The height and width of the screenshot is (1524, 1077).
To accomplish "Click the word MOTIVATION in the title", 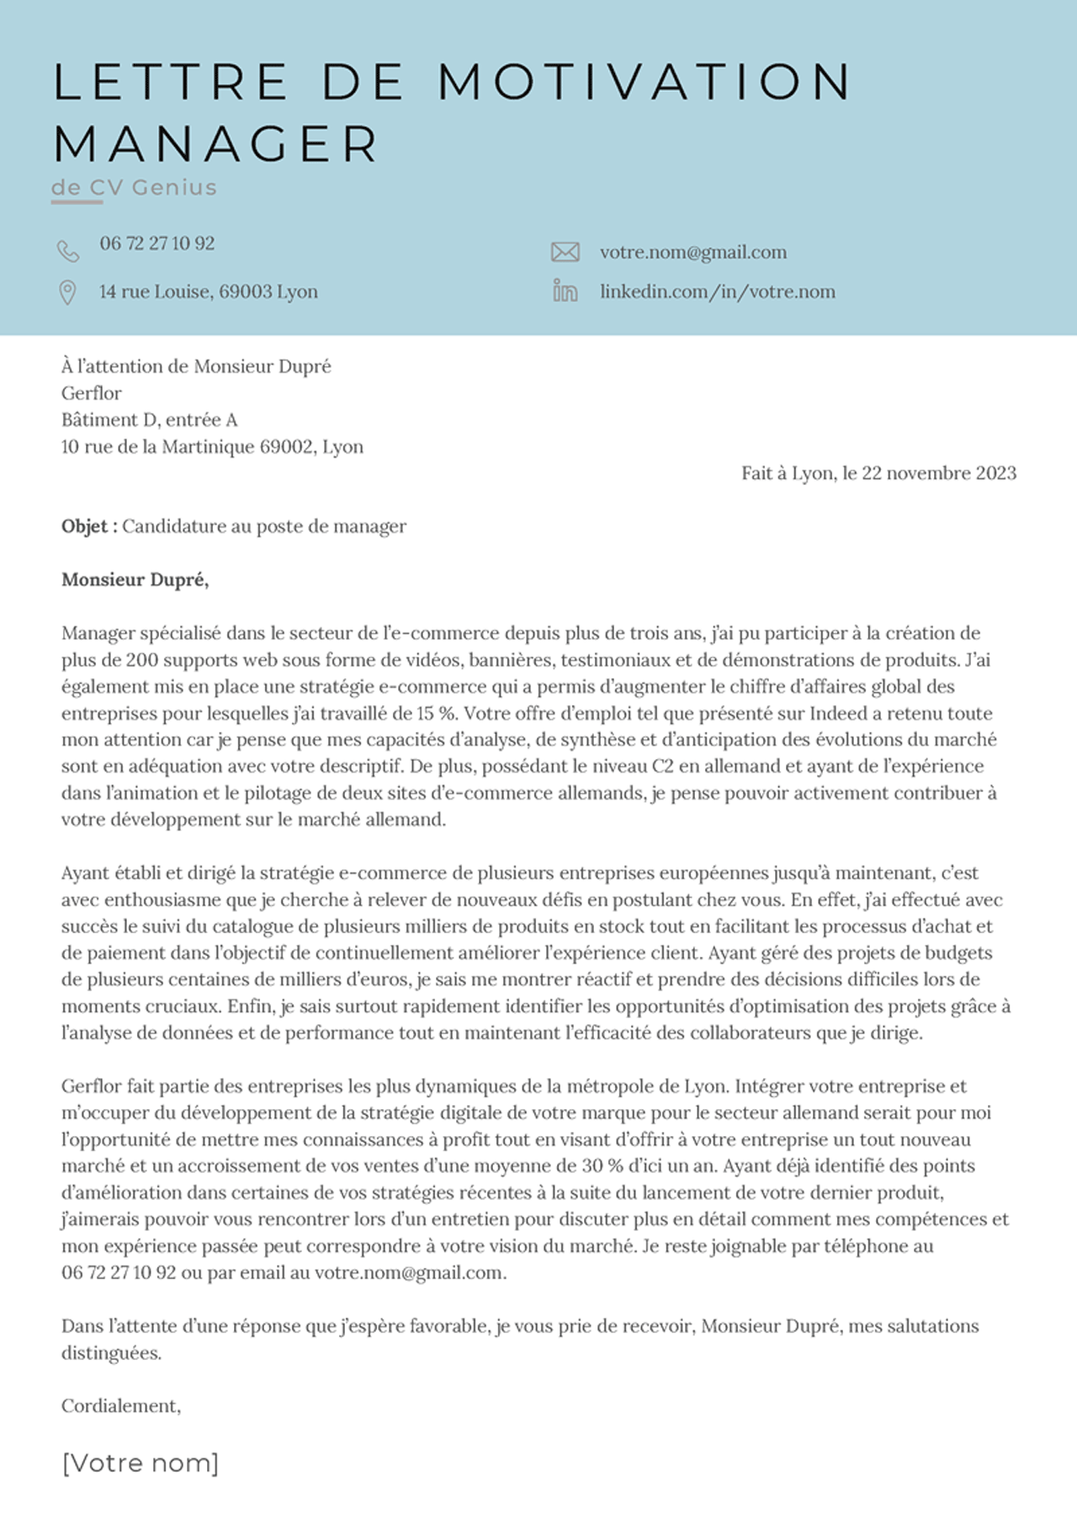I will click(x=645, y=82).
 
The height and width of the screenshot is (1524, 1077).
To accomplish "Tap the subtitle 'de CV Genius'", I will click(x=134, y=187).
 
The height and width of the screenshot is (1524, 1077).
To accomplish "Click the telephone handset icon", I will click(x=67, y=251).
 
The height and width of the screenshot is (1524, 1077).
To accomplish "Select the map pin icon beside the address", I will click(x=67, y=292).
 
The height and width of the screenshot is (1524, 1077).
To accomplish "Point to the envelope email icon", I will click(x=565, y=252).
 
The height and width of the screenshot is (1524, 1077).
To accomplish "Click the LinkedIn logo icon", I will click(x=565, y=291).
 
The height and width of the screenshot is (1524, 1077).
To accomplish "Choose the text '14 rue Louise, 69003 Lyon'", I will click(x=209, y=292).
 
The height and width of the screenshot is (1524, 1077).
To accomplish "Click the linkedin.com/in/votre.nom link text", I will click(x=717, y=292).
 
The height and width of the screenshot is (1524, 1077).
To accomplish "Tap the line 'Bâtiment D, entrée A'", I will click(x=149, y=420).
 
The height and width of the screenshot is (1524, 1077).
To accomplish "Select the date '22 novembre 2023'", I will click(x=939, y=473).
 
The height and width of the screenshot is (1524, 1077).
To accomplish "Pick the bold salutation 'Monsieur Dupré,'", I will click(x=135, y=580).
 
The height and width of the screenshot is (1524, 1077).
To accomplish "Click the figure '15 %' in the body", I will click(x=436, y=714).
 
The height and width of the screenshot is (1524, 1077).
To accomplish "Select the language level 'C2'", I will click(x=663, y=767).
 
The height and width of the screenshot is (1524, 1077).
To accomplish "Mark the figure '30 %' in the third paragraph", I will click(x=602, y=1166).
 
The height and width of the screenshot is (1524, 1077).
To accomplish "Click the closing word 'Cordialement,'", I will click(x=121, y=1406).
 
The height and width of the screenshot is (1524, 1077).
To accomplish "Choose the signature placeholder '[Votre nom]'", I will click(x=141, y=1463).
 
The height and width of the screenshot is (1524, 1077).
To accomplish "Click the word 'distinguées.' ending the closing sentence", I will click(x=111, y=1353).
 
